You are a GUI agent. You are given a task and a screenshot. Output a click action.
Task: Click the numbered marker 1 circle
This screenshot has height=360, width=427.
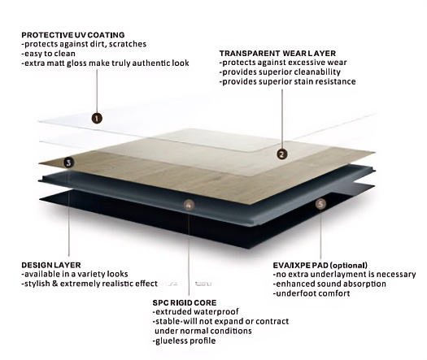[97, 118]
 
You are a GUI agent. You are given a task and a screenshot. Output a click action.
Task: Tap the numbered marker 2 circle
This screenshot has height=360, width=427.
[282, 154]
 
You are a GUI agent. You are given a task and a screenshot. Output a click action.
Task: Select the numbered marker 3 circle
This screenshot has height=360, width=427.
[68, 163]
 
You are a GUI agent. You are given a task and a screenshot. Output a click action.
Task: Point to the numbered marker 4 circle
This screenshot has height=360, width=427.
[189, 205]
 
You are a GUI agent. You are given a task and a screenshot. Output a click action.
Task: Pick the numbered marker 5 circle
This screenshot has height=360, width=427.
[320, 204]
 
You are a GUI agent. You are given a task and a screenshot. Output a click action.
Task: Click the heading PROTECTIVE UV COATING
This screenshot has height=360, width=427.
[73, 35]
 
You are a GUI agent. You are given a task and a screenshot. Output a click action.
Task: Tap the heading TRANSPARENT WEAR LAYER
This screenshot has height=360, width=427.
[277, 53]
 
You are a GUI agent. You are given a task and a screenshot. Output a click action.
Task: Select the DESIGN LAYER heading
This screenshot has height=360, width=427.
[51, 265]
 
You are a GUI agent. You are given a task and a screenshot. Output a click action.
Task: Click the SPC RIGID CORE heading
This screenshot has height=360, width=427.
[185, 302]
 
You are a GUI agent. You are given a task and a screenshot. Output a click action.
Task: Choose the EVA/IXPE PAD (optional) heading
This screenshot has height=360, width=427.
[320, 265]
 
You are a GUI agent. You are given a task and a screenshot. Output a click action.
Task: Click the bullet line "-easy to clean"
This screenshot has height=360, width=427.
[49, 54]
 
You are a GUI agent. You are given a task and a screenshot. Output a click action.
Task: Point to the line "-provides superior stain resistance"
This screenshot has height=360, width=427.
[288, 81]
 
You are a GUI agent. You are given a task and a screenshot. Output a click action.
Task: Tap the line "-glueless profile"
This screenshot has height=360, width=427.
[184, 340]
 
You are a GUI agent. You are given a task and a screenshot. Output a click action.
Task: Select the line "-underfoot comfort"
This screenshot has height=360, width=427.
[312, 293]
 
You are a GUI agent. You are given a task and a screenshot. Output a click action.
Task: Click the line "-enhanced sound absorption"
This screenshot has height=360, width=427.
[329, 284]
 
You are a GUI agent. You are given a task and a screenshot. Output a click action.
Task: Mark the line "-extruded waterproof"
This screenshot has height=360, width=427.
[195, 311]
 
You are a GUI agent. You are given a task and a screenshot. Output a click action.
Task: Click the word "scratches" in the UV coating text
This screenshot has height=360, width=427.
[128, 44]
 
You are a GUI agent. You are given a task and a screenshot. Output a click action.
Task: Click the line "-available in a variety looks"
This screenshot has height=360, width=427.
[75, 274]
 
